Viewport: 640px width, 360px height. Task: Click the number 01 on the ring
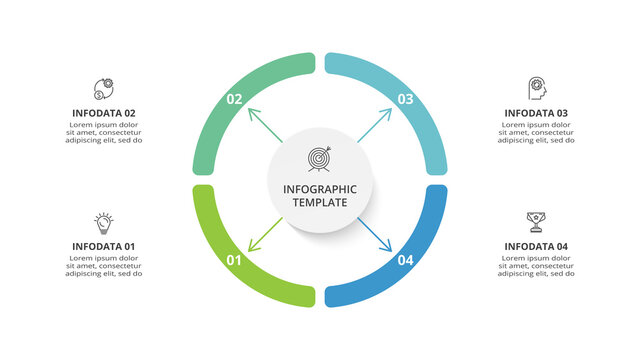(x=235, y=261)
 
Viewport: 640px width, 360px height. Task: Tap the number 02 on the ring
(x=235, y=99)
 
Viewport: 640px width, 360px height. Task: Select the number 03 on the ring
(x=405, y=99)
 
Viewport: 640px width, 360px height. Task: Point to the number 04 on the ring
(x=405, y=261)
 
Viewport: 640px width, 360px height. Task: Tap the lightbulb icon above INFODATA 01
(x=104, y=222)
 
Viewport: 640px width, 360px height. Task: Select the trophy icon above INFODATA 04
(x=535, y=222)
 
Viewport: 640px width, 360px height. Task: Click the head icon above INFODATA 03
(x=537, y=89)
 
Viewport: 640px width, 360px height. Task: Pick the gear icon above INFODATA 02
(x=104, y=89)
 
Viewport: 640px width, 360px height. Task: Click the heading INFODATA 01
(x=104, y=247)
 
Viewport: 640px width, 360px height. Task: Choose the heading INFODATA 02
(x=104, y=113)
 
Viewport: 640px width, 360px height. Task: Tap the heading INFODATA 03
(x=536, y=113)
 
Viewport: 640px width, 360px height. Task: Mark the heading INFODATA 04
(x=536, y=247)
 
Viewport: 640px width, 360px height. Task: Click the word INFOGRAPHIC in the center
(x=320, y=188)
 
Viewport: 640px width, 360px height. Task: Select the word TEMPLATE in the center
(x=320, y=202)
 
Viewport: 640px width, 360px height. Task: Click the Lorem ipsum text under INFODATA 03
(x=536, y=132)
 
